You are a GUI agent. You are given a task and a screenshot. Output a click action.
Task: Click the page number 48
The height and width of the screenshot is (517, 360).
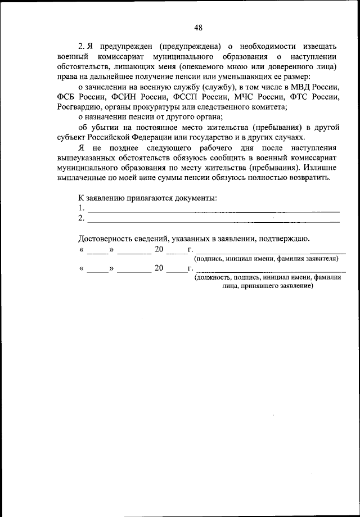[x=198, y=28]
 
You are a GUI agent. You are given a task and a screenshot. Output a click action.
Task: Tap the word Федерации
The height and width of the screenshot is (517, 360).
[x=152, y=137]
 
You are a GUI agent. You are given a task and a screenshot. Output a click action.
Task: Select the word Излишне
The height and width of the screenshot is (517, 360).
[x=323, y=168]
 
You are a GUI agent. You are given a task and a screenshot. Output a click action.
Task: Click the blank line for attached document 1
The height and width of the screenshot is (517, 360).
[x=214, y=210]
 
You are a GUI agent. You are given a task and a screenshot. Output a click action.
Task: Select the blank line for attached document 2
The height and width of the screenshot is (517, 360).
[x=214, y=220]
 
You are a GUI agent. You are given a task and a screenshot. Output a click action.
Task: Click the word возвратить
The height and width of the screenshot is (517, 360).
[x=311, y=178]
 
